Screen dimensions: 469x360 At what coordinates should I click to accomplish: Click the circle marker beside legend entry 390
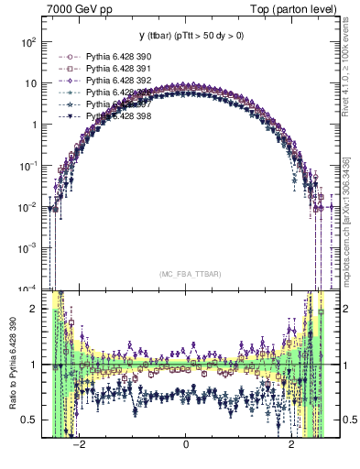(x=67, y=57)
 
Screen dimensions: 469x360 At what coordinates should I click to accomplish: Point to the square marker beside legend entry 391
(x=67, y=69)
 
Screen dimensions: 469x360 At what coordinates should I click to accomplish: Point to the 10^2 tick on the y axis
(x=29, y=42)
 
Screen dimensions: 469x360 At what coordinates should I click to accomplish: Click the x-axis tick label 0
(x=186, y=444)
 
